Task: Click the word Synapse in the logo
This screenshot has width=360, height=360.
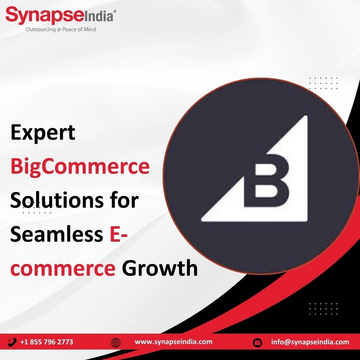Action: (x=45, y=16)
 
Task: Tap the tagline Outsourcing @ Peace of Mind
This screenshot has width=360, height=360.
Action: (x=61, y=29)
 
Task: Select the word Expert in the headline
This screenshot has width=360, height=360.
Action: (x=43, y=133)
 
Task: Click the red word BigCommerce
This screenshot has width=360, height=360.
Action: (x=80, y=167)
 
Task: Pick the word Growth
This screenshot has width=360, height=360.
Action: (x=160, y=268)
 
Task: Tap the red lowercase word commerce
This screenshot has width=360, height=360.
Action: (x=63, y=269)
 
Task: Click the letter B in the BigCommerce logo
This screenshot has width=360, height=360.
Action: (x=266, y=181)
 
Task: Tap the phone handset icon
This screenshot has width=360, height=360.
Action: (x=12, y=342)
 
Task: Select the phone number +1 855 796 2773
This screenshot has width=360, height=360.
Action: (x=47, y=342)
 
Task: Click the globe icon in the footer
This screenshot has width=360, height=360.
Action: (x=116, y=343)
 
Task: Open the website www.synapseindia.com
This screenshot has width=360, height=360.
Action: (x=173, y=342)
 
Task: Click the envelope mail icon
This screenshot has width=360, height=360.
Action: (x=257, y=343)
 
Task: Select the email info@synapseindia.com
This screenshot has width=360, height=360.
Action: (x=310, y=342)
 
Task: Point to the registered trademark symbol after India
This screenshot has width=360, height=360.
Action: (x=115, y=11)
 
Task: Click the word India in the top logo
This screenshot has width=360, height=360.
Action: (x=99, y=17)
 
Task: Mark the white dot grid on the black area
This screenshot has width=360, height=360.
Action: (x=324, y=309)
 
